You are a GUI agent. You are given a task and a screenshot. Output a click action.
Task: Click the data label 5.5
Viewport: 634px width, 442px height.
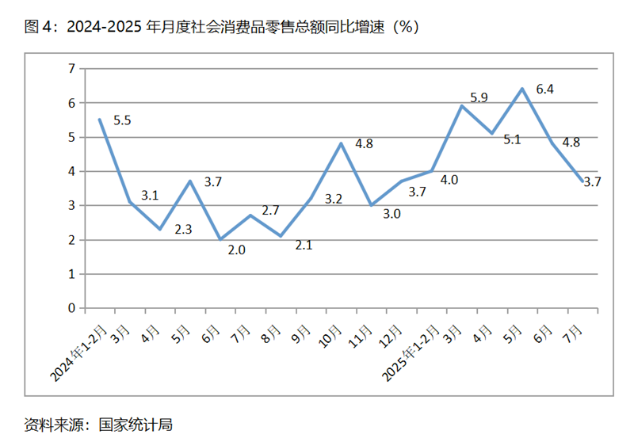pos(122,120)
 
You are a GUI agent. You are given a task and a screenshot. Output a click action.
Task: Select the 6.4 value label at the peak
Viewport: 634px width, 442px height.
pos(544,90)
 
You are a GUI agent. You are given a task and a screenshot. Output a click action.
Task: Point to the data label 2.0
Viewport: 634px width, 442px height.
pos(236,250)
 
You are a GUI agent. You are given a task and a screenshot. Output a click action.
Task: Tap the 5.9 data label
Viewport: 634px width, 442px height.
pos(479,98)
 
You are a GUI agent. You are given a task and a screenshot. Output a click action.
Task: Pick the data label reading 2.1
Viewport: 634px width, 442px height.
pos(304,246)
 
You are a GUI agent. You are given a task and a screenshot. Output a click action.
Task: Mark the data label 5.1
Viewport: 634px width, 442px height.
pos(512,139)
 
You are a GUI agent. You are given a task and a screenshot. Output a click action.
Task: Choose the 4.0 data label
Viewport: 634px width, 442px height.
pos(449,180)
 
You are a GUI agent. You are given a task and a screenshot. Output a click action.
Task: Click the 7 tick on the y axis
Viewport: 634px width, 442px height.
pos(71,69)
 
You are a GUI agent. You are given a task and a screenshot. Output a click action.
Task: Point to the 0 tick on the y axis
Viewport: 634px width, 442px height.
pos(71,308)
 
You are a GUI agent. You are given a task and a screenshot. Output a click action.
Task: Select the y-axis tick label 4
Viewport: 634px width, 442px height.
pos(71,171)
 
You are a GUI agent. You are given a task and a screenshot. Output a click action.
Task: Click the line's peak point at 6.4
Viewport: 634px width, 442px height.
pos(522,89)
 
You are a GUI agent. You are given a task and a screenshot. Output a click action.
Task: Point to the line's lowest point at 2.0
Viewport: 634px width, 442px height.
pos(220,239)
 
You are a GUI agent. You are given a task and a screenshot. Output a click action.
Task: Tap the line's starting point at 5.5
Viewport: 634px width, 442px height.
pos(99,120)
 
